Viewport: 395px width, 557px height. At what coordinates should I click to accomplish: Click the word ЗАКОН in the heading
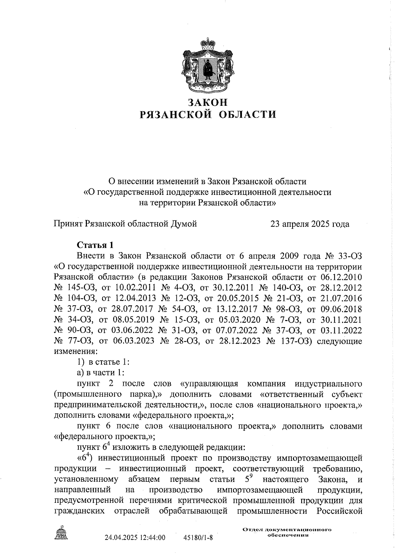207,102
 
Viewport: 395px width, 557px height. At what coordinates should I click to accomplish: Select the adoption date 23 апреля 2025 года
309,224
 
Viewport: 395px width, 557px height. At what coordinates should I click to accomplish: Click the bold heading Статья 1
95,245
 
